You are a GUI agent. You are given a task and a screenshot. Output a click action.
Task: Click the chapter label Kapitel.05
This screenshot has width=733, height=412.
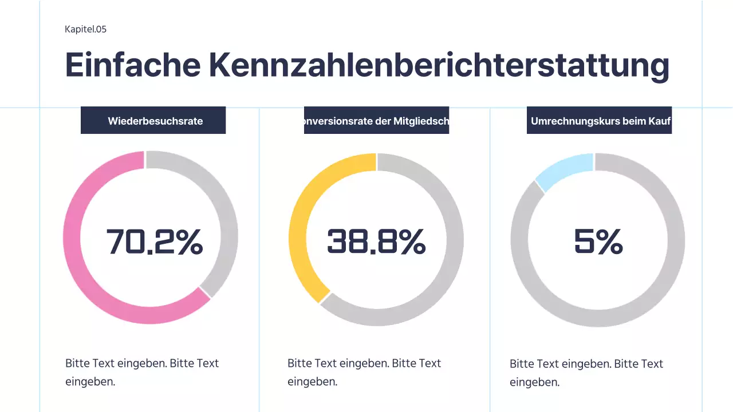(x=86, y=29)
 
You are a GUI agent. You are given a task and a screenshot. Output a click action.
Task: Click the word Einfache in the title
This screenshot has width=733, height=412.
(x=133, y=64)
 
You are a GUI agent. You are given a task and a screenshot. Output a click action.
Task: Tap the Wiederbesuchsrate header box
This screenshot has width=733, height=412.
(x=153, y=121)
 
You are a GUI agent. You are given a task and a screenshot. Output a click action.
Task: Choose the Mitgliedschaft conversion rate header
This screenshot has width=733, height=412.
(x=376, y=121)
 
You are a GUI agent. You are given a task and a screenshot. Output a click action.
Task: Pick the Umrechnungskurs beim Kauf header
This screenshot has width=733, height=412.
(x=599, y=121)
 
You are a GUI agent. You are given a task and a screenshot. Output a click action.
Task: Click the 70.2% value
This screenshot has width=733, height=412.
(x=155, y=241)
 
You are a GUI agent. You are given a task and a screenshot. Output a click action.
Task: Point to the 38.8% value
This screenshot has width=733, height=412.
(x=376, y=241)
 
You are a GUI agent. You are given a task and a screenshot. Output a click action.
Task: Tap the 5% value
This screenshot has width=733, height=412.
(x=598, y=242)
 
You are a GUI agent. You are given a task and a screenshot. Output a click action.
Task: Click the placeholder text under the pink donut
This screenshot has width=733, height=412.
(x=142, y=372)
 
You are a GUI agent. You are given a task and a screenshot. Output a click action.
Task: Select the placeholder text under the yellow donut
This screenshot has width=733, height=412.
(x=364, y=372)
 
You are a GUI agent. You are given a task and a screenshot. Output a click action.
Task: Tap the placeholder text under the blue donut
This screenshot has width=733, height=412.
(x=586, y=373)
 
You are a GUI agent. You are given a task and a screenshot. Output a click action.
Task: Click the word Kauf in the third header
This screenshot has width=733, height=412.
(x=660, y=121)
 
